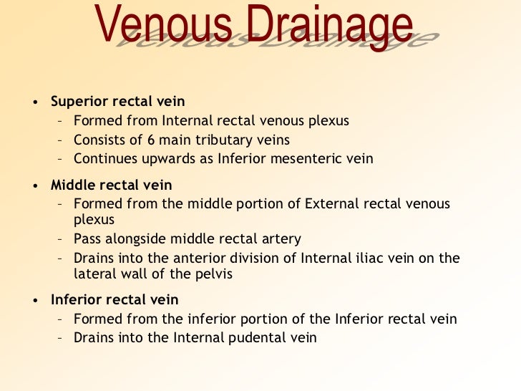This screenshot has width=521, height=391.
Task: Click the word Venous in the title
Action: (x=162, y=27)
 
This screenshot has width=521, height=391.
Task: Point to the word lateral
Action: (x=94, y=273)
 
